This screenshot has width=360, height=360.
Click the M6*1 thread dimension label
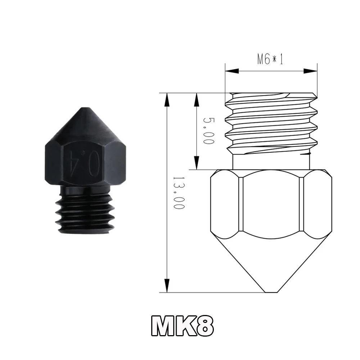tap(270, 59)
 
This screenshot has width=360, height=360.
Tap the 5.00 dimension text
tap(208, 130)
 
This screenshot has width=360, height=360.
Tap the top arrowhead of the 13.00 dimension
tap(166, 99)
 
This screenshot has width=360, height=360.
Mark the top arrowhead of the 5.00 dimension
tap(197, 99)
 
